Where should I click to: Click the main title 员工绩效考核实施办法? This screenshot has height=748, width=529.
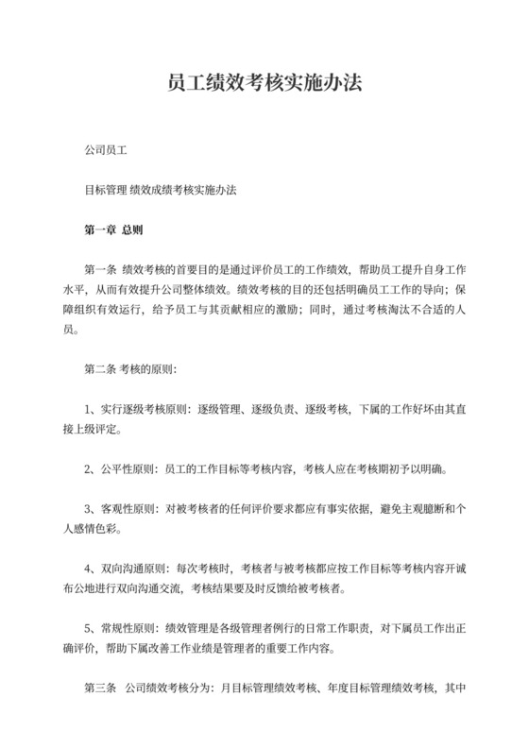tap(264, 84)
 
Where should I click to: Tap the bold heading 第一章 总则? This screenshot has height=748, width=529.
tap(113, 229)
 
